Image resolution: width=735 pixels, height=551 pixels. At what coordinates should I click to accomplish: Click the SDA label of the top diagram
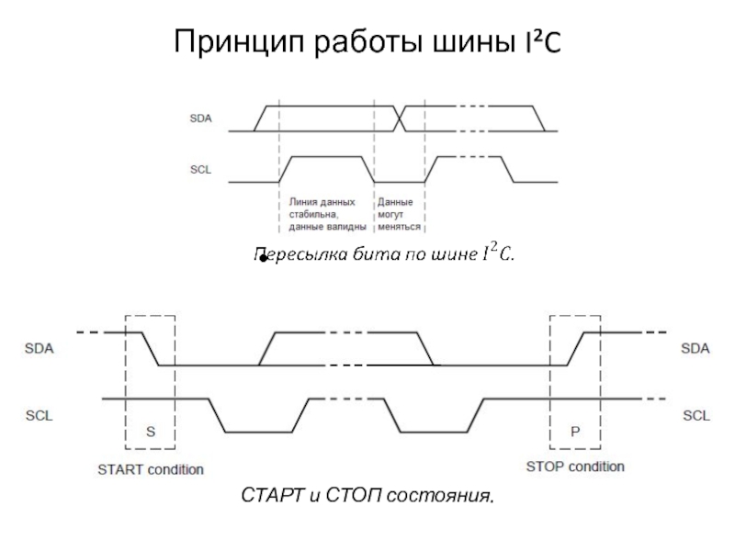pos(200,118)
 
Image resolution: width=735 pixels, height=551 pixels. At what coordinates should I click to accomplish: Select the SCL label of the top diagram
pos(200,170)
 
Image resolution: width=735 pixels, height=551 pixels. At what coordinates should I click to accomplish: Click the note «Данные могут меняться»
pos(399,214)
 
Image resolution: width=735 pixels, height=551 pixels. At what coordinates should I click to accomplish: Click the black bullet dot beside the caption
pos(262,262)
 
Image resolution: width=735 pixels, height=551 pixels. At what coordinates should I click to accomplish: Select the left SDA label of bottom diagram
pos(40,349)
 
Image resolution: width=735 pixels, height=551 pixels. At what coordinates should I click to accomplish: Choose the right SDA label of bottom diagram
pos(695,349)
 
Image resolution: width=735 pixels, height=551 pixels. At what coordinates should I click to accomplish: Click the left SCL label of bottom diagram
pos(40,415)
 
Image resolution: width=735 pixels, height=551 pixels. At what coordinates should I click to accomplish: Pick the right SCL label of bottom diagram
pos(695,415)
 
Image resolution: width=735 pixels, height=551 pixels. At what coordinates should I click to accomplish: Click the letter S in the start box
pos(150,430)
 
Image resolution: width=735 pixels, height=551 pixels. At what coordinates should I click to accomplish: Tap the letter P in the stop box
pos(575,430)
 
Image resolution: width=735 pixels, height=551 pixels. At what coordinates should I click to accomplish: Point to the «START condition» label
pos(151,469)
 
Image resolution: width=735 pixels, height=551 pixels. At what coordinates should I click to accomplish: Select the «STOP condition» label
pos(575,467)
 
